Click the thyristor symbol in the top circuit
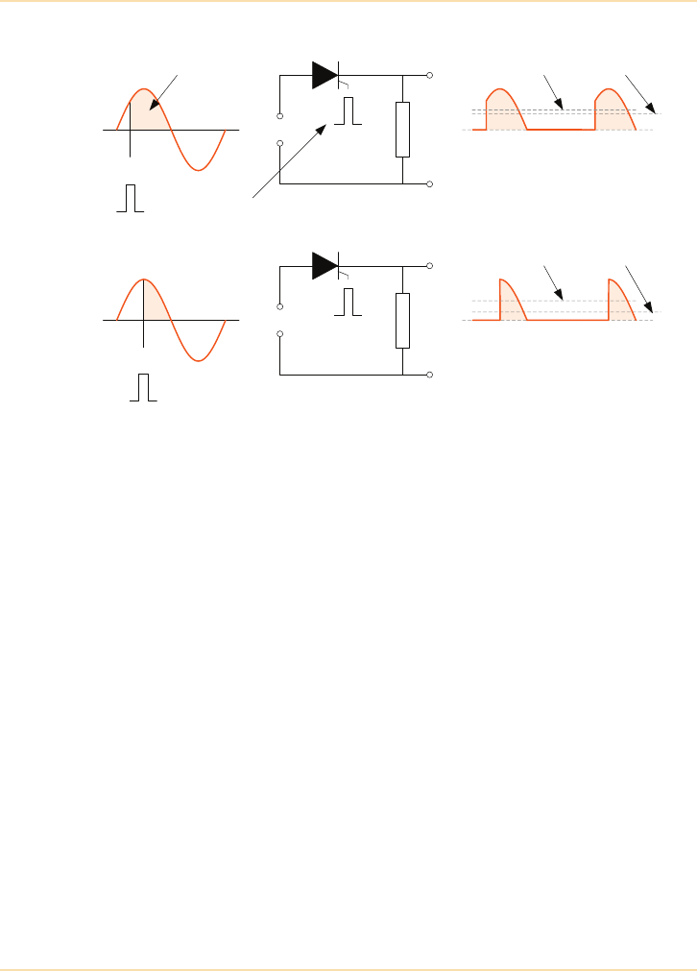click(324, 75)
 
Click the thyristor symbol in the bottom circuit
click(324, 265)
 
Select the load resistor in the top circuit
click(402, 130)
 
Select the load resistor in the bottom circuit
click(402, 320)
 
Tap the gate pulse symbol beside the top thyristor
click(348, 111)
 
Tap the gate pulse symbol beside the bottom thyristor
click(348, 302)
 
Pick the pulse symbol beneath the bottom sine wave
click(144, 387)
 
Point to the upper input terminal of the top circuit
click(279, 117)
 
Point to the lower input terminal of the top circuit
click(279, 143)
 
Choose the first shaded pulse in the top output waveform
click(503, 111)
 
